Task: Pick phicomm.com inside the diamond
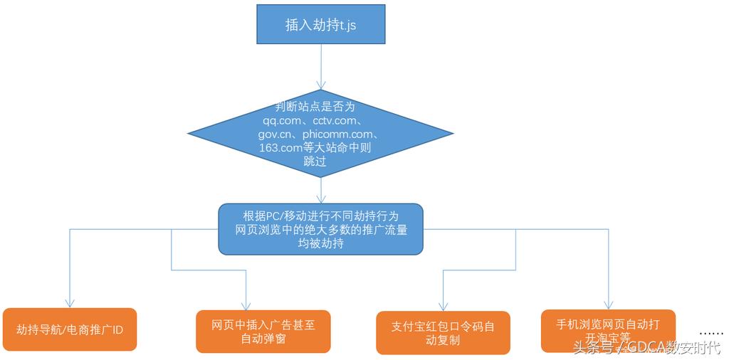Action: point(340,134)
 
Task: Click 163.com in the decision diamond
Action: point(280,147)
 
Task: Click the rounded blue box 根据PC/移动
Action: point(320,229)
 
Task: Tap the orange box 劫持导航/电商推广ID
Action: point(69,329)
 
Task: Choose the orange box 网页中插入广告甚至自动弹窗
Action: point(263,332)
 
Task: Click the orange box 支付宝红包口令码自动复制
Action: point(443,333)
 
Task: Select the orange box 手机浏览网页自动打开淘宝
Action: point(608,330)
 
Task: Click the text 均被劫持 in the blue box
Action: point(320,244)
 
